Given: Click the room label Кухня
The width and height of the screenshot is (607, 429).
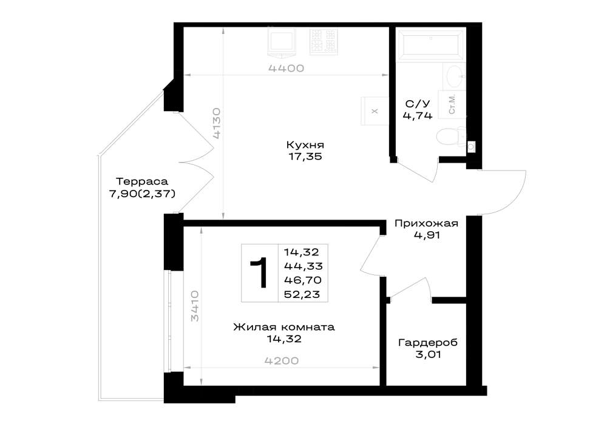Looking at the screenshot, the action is (x=305, y=145).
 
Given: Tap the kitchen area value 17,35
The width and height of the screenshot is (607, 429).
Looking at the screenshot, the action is (x=305, y=157).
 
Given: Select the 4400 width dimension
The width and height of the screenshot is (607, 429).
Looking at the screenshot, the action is (x=286, y=69).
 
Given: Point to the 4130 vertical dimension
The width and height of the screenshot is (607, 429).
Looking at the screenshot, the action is (x=217, y=123).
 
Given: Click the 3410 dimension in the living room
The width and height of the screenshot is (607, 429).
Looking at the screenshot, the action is (x=195, y=306).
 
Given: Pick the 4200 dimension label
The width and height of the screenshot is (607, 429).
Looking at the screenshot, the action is (x=282, y=361).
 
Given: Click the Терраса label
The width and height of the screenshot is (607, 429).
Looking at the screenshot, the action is (x=142, y=181).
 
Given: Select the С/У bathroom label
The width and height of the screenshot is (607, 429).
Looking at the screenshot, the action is (x=418, y=104).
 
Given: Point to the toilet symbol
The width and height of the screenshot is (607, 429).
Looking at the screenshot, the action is (x=452, y=136).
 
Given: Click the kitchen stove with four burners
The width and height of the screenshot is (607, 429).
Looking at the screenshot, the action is (x=323, y=41).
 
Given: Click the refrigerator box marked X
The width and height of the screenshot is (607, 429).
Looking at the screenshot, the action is (x=375, y=111).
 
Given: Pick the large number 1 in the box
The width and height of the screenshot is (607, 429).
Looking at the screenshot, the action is (x=259, y=272).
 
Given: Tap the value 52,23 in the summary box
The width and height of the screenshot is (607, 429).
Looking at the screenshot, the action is (x=302, y=294).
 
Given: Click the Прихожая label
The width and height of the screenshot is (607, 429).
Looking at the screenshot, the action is (x=426, y=223).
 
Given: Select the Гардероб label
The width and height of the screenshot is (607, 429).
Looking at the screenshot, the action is (x=428, y=343).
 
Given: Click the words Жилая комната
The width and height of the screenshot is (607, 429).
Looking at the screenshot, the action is (x=283, y=327).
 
